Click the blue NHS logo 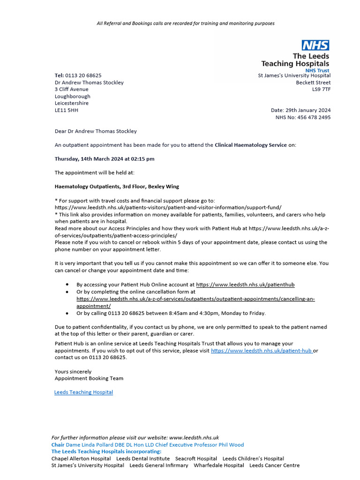(315, 45)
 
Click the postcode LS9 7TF (321, 89)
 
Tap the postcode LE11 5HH (66, 110)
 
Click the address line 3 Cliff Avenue (71, 89)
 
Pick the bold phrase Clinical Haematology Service (250, 145)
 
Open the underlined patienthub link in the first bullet (245, 285)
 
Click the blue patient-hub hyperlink (261, 350)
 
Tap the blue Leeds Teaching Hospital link (83, 392)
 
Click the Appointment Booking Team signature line (89, 378)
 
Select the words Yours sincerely (73, 371)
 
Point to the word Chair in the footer (58, 444)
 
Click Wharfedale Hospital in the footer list (218, 465)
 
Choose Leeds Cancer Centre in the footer (274, 465)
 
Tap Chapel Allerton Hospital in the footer (81, 458)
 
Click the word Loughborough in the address (72, 96)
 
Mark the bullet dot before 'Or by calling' (67, 313)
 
